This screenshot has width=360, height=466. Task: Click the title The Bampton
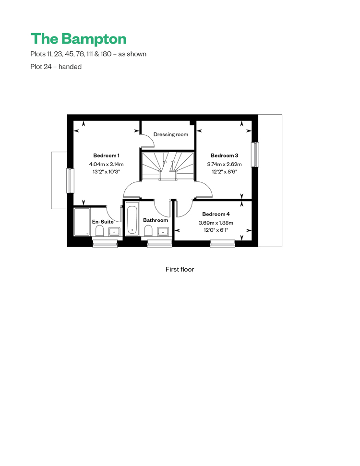(x=79, y=39)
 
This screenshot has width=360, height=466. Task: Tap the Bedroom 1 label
(x=106, y=155)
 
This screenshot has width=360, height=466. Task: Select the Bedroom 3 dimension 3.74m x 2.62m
(x=225, y=164)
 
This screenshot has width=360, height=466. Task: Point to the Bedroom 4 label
(x=216, y=214)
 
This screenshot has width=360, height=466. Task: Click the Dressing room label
(x=170, y=134)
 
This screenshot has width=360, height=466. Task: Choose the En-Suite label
(x=103, y=222)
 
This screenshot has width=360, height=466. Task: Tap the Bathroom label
(x=156, y=220)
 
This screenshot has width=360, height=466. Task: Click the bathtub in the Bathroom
(x=132, y=218)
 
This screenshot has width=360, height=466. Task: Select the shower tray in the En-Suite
(x=82, y=222)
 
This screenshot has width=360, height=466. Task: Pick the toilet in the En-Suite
(x=99, y=231)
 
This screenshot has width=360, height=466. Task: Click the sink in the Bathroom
(x=163, y=231)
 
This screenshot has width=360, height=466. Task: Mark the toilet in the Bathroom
(x=148, y=231)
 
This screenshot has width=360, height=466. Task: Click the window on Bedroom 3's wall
(x=255, y=155)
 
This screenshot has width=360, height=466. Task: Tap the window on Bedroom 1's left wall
(x=70, y=181)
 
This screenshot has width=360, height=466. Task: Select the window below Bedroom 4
(x=223, y=244)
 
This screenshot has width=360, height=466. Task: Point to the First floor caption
(x=180, y=269)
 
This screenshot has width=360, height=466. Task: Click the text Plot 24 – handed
(x=56, y=67)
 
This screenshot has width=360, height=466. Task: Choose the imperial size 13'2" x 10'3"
(x=106, y=172)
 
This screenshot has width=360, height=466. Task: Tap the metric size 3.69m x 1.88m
(x=216, y=223)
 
